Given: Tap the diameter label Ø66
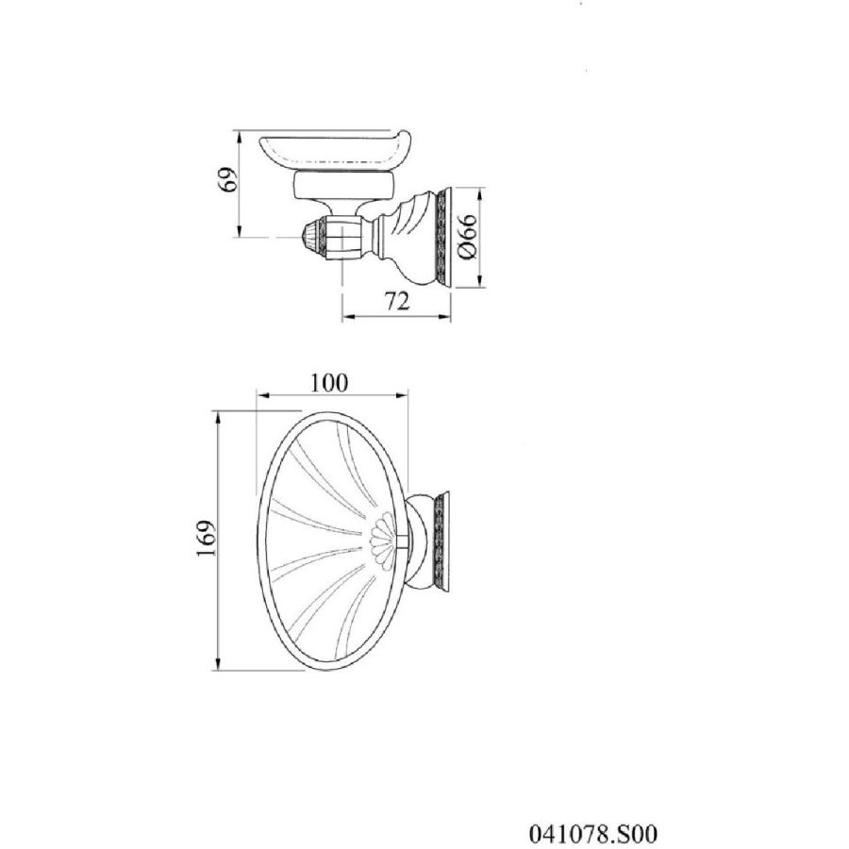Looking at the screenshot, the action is [x=466, y=236].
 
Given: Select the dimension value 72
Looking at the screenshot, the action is [x=397, y=302].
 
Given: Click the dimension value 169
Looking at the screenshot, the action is [x=207, y=538].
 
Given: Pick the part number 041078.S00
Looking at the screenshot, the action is [x=593, y=834].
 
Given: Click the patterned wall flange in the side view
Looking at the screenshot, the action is [x=444, y=239].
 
